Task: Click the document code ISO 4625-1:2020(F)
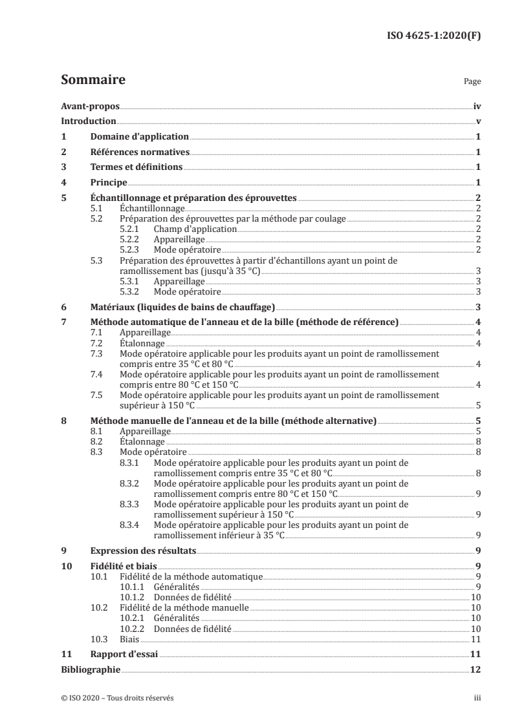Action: [x=438, y=36]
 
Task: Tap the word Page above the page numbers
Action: [x=472, y=82]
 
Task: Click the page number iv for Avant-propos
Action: [x=476, y=107]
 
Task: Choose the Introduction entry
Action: [x=89, y=121]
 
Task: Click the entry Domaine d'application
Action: [x=139, y=137]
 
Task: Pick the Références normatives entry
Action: [x=140, y=152]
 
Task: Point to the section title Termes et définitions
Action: [x=136, y=167]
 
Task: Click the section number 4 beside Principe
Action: [x=63, y=183]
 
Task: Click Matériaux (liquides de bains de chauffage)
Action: [x=182, y=307]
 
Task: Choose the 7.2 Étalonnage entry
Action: [x=142, y=342]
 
